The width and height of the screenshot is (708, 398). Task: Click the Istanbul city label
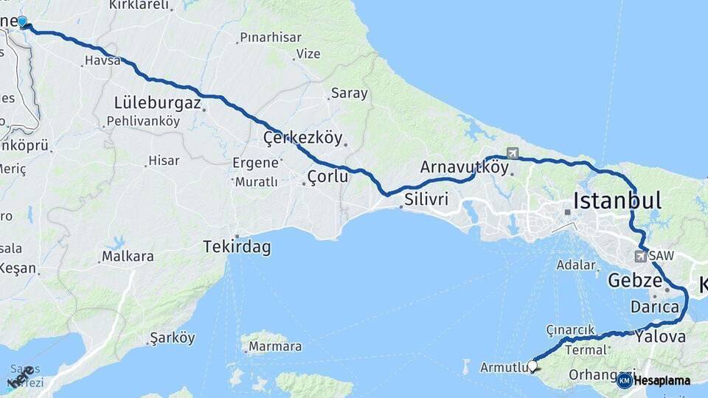(617, 200)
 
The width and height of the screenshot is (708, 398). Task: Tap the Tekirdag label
(237, 248)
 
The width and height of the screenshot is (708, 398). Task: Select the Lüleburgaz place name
(157, 103)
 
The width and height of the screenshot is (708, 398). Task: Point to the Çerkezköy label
(303, 138)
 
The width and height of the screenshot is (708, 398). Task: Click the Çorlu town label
(327, 176)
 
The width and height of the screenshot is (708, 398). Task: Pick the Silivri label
(426, 199)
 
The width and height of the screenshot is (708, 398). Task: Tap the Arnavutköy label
(464, 167)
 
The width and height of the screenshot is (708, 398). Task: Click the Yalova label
(660, 337)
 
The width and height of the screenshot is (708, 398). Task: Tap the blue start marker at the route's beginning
(22, 22)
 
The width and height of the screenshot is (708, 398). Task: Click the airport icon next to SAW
(640, 256)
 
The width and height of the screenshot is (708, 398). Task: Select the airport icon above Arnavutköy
(512, 153)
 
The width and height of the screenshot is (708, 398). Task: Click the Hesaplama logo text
(661, 380)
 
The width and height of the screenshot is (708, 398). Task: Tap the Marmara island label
(274, 346)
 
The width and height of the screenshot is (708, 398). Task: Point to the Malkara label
(128, 256)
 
